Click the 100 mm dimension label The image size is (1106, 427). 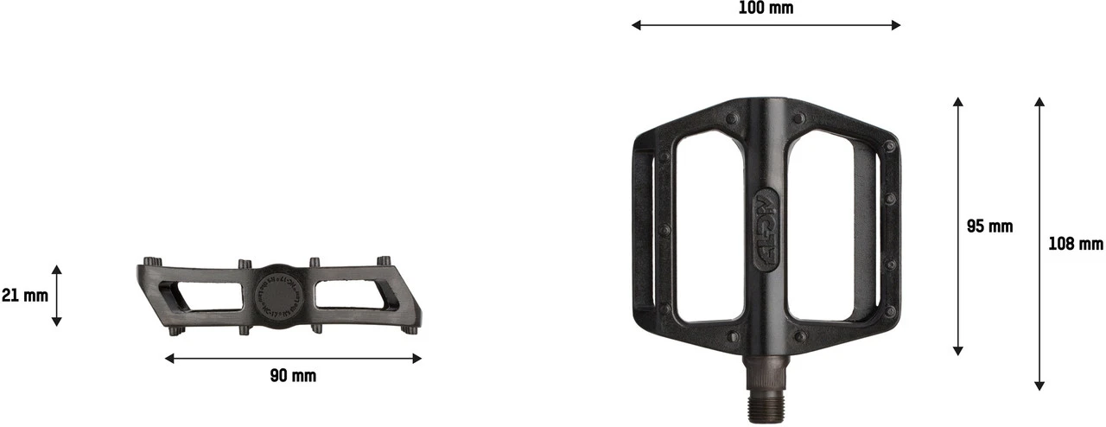click(x=766, y=9)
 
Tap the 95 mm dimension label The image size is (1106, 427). click(x=989, y=227)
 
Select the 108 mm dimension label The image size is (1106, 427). click(x=1075, y=245)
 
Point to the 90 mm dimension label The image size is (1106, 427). click(x=293, y=376)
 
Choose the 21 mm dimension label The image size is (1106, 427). click(x=24, y=296)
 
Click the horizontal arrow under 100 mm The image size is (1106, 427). click(x=766, y=25)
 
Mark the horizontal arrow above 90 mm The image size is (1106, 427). click(x=293, y=358)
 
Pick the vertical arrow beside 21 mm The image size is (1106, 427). click(x=56, y=296)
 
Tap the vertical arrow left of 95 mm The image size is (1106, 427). click(x=957, y=226)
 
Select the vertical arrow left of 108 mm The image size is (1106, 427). click(x=1039, y=244)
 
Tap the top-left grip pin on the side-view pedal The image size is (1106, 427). click(x=152, y=261)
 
